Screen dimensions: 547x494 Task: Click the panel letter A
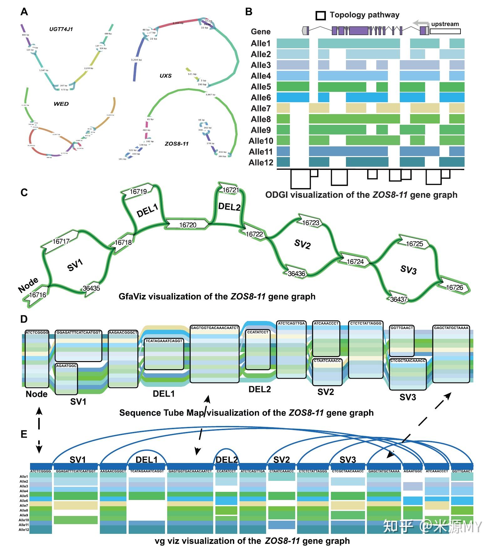pyautogui.click(x=24, y=12)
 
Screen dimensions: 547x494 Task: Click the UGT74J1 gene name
pyautogui.click(x=61, y=29)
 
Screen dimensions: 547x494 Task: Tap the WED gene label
pyautogui.click(x=61, y=104)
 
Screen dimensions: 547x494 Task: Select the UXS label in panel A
pyautogui.click(x=165, y=76)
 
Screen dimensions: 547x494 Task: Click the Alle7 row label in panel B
pyautogui.click(x=260, y=108)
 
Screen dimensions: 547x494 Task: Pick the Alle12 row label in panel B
pyautogui.click(x=261, y=162)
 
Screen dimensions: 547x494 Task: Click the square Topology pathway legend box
pyautogui.click(x=321, y=15)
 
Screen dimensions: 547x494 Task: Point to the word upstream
pyautogui.click(x=445, y=24)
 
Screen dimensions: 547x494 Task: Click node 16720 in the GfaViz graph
pyautogui.click(x=188, y=225)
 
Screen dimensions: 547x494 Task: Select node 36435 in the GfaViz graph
pyautogui.click(x=91, y=288)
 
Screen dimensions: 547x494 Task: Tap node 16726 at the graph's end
pyautogui.click(x=454, y=287)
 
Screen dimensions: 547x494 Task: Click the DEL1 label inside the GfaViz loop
pyautogui.click(x=147, y=210)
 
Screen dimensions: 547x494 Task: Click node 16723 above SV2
pyautogui.click(x=310, y=223)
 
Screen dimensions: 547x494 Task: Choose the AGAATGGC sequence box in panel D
pyautogui.click(x=66, y=366)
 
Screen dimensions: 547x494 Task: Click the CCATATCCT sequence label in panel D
pyautogui.click(x=258, y=332)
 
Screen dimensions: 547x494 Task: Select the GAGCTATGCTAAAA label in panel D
pyautogui.click(x=451, y=328)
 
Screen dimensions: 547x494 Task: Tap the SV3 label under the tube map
pyautogui.click(x=408, y=397)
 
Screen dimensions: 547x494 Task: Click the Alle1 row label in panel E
pyautogui.click(x=24, y=476)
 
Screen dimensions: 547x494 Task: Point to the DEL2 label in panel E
pyautogui.click(x=227, y=460)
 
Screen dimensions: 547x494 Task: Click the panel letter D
pyautogui.click(x=24, y=319)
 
